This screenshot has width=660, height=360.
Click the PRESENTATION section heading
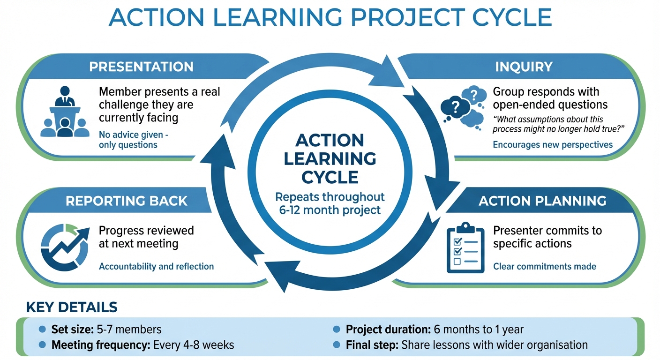pyautogui.click(x=141, y=67)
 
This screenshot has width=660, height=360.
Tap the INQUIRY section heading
pyautogui.click(x=524, y=67)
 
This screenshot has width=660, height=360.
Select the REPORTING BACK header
pyautogui.click(x=127, y=201)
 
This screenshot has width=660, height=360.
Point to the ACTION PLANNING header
pyautogui.click(x=542, y=201)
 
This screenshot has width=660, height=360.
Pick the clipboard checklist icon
pyautogui.click(x=465, y=248)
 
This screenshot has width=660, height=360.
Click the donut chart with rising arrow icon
pyautogui.click(x=64, y=247)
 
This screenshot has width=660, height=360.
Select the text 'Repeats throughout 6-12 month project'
pyautogui.click(x=330, y=203)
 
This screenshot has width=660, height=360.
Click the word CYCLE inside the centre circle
pyautogui.click(x=330, y=177)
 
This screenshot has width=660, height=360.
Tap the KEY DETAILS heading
pyautogui.click(x=71, y=307)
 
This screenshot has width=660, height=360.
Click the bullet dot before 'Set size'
pyautogui.click(x=42, y=330)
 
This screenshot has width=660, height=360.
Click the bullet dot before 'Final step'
pyautogui.click(x=337, y=345)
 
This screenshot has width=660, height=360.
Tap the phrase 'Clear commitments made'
pyautogui.click(x=544, y=266)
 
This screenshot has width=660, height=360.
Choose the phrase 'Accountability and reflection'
pyautogui.click(x=156, y=266)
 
